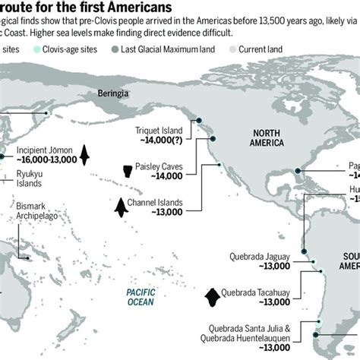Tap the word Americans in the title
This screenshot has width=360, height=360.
135,9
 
